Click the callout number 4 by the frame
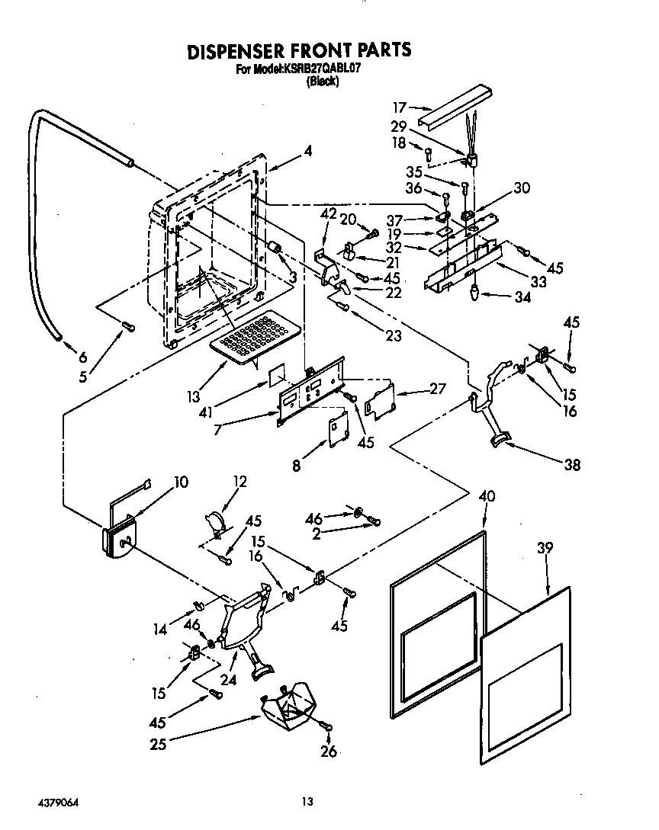click(308, 151)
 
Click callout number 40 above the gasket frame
click(487, 497)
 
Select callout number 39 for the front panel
click(545, 547)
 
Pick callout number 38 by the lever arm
click(571, 464)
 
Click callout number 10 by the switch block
click(181, 482)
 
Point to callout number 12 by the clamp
click(240, 482)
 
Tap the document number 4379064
click(58, 803)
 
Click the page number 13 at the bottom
click(307, 801)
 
